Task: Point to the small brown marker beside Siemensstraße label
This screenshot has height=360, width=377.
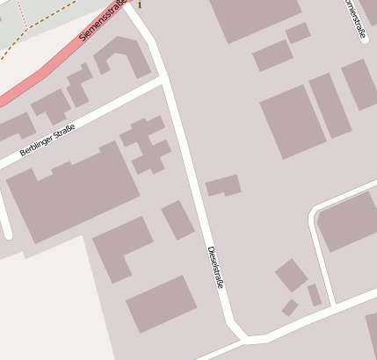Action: [x=139, y=4]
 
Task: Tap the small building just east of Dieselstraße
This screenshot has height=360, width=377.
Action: [x=223, y=185]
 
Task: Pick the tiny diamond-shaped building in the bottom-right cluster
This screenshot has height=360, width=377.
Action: [x=289, y=307]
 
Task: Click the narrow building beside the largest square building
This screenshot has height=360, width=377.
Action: [x=330, y=105]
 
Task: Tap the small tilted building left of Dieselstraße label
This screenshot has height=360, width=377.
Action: [x=178, y=220]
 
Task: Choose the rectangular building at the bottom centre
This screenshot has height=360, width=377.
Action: [x=161, y=304]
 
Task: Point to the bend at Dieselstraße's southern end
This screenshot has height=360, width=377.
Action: [x=243, y=335]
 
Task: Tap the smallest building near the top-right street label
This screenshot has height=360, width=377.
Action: [x=298, y=32]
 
